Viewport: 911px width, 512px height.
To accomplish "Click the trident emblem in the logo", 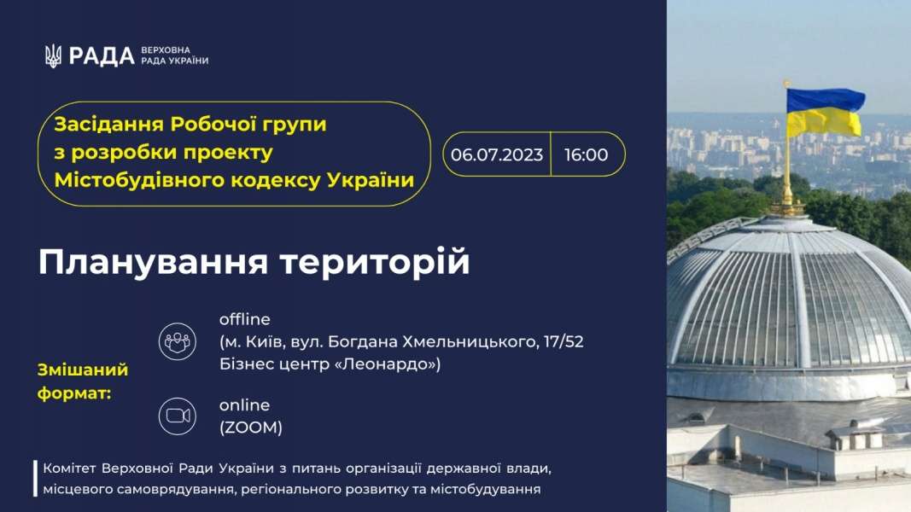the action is click(x=53, y=56).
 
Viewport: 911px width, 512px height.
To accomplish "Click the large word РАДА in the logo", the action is click(x=102, y=56).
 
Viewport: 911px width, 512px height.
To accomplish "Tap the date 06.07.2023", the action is click(x=497, y=154).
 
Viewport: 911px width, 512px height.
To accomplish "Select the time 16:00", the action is click(x=587, y=154).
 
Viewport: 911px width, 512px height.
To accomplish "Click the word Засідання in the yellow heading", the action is click(x=108, y=125).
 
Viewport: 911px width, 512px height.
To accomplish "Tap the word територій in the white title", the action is click(x=375, y=261).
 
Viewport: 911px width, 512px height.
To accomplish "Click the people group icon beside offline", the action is click(x=178, y=341).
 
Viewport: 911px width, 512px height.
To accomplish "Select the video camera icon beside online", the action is click(x=178, y=416).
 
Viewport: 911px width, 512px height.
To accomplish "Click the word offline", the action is click(x=244, y=319).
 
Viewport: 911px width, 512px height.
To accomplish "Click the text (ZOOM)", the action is click(x=251, y=428).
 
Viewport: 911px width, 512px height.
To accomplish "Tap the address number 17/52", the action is click(x=564, y=341).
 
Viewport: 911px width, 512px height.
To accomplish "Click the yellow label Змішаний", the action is click(x=83, y=369).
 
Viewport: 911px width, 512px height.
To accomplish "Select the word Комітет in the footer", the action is click(x=70, y=468).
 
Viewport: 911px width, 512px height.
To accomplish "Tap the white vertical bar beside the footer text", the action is click(x=36, y=479).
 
